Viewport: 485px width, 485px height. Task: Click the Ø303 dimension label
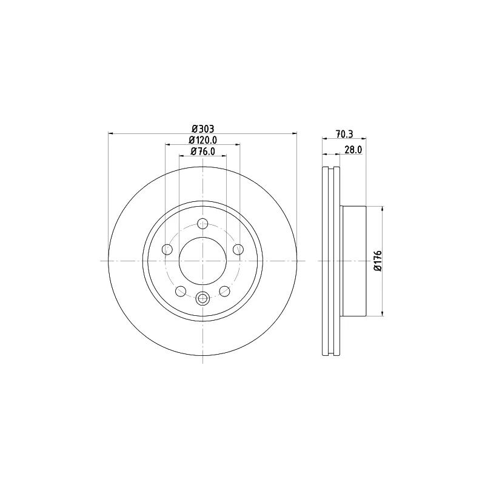click(202, 129)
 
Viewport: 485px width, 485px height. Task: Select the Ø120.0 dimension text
click(203, 140)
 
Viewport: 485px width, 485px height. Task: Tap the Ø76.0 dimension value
click(203, 152)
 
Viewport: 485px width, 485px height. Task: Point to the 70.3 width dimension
click(344, 134)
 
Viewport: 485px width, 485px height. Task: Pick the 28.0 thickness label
click(353, 150)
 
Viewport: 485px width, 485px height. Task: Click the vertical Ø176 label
click(378, 261)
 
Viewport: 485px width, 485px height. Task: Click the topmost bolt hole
click(202, 224)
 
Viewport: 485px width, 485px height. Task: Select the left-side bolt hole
click(167, 249)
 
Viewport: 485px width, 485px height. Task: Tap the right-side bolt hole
click(238, 249)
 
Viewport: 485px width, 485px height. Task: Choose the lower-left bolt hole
click(181, 291)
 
